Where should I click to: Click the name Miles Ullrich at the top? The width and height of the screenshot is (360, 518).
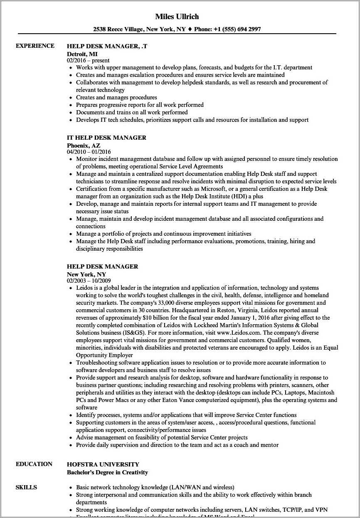pyautogui.click(x=177, y=17)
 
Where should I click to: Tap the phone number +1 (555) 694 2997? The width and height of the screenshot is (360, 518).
pyautogui.click(x=237, y=29)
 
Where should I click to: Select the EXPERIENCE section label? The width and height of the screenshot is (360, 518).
pyautogui.click(x=35, y=46)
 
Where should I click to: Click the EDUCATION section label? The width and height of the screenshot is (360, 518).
pyautogui.click(x=34, y=464)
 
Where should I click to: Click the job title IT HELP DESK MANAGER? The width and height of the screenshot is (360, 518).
pyautogui.click(x=106, y=138)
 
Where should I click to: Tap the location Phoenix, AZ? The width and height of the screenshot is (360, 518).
pyautogui.click(x=84, y=146)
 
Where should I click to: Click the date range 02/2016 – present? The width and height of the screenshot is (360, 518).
pyautogui.click(x=88, y=60)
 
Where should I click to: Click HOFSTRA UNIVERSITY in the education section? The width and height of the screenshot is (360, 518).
pyautogui.click(x=103, y=464)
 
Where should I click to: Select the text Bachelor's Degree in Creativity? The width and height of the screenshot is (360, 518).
pyautogui.click(x=107, y=472)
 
